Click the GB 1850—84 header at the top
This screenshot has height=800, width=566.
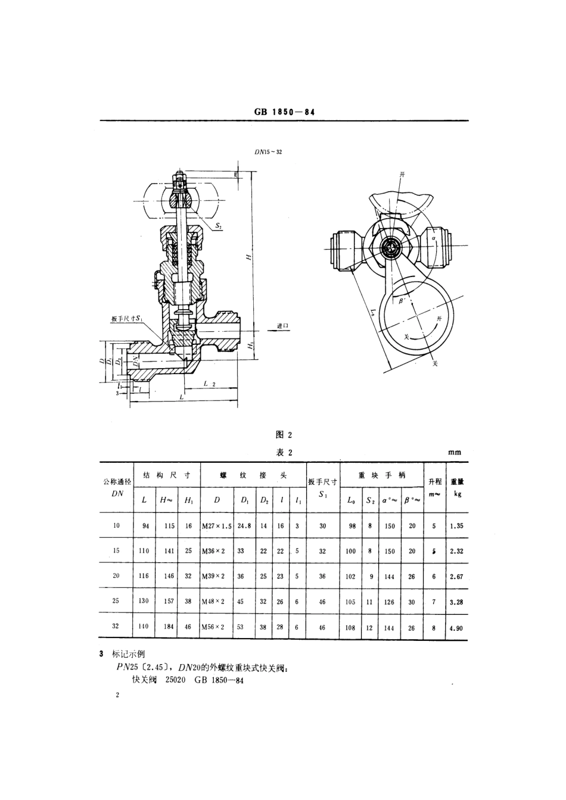pos(284,111)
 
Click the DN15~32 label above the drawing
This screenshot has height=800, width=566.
pos(268,152)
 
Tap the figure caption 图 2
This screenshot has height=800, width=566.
pos(284,435)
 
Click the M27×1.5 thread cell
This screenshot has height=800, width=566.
pos(216,526)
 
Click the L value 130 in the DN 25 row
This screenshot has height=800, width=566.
pos(144,601)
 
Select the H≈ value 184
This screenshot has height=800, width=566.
pos(169,627)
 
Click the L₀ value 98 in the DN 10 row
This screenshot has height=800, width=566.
pos(351,526)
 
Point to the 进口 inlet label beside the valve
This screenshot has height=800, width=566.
pos(282,326)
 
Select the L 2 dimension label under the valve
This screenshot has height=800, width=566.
pos(209,384)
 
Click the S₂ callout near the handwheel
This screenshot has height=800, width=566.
pos(219,227)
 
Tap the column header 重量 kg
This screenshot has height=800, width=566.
pos(457,487)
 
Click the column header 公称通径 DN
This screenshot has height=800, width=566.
pos(117,487)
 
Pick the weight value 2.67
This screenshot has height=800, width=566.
pos(457,576)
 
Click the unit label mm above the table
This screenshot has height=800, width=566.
pos(455,453)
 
